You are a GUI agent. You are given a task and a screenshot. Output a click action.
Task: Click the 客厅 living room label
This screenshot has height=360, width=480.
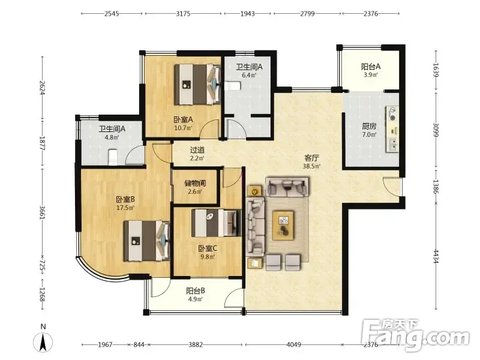[x=311, y=158]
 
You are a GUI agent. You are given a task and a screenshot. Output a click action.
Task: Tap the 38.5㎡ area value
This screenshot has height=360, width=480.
[x=311, y=166]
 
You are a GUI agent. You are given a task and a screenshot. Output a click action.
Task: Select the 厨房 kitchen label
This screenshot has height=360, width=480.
[x=369, y=126]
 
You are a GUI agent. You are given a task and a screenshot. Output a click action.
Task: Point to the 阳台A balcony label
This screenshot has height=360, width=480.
[x=371, y=67]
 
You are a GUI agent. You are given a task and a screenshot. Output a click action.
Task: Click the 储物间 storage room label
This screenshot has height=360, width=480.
[x=195, y=184]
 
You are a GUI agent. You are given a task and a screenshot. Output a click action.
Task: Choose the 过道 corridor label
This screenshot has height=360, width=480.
[x=197, y=150]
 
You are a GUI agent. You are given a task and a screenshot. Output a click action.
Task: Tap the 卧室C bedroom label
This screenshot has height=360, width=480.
[x=208, y=248]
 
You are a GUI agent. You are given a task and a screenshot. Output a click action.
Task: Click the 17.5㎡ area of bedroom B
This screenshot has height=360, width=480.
[x=125, y=208]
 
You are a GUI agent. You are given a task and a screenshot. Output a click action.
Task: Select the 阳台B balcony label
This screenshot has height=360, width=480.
[x=196, y=290]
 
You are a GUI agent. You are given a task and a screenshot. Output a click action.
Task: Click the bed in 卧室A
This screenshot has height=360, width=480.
[x=198, y=84]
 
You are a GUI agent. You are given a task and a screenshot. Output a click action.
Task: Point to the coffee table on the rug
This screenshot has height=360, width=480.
[x=283, y=226]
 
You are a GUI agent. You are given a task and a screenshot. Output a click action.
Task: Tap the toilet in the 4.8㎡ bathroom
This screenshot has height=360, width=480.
[x=113, y=157]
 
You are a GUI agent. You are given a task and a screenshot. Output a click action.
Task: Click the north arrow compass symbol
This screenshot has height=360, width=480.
[x=43, y=342]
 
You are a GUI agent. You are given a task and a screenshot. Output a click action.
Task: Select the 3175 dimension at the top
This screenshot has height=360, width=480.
[x=183, y=13]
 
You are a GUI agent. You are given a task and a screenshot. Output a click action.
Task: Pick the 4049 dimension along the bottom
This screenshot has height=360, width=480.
[x=293, y=344]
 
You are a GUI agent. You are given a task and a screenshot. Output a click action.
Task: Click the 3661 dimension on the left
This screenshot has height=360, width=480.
[x=43, y=212]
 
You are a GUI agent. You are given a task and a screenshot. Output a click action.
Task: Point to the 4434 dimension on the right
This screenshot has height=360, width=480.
[x=436, y=257]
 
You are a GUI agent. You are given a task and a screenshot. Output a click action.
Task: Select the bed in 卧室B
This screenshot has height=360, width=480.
[x=146, y=241]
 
